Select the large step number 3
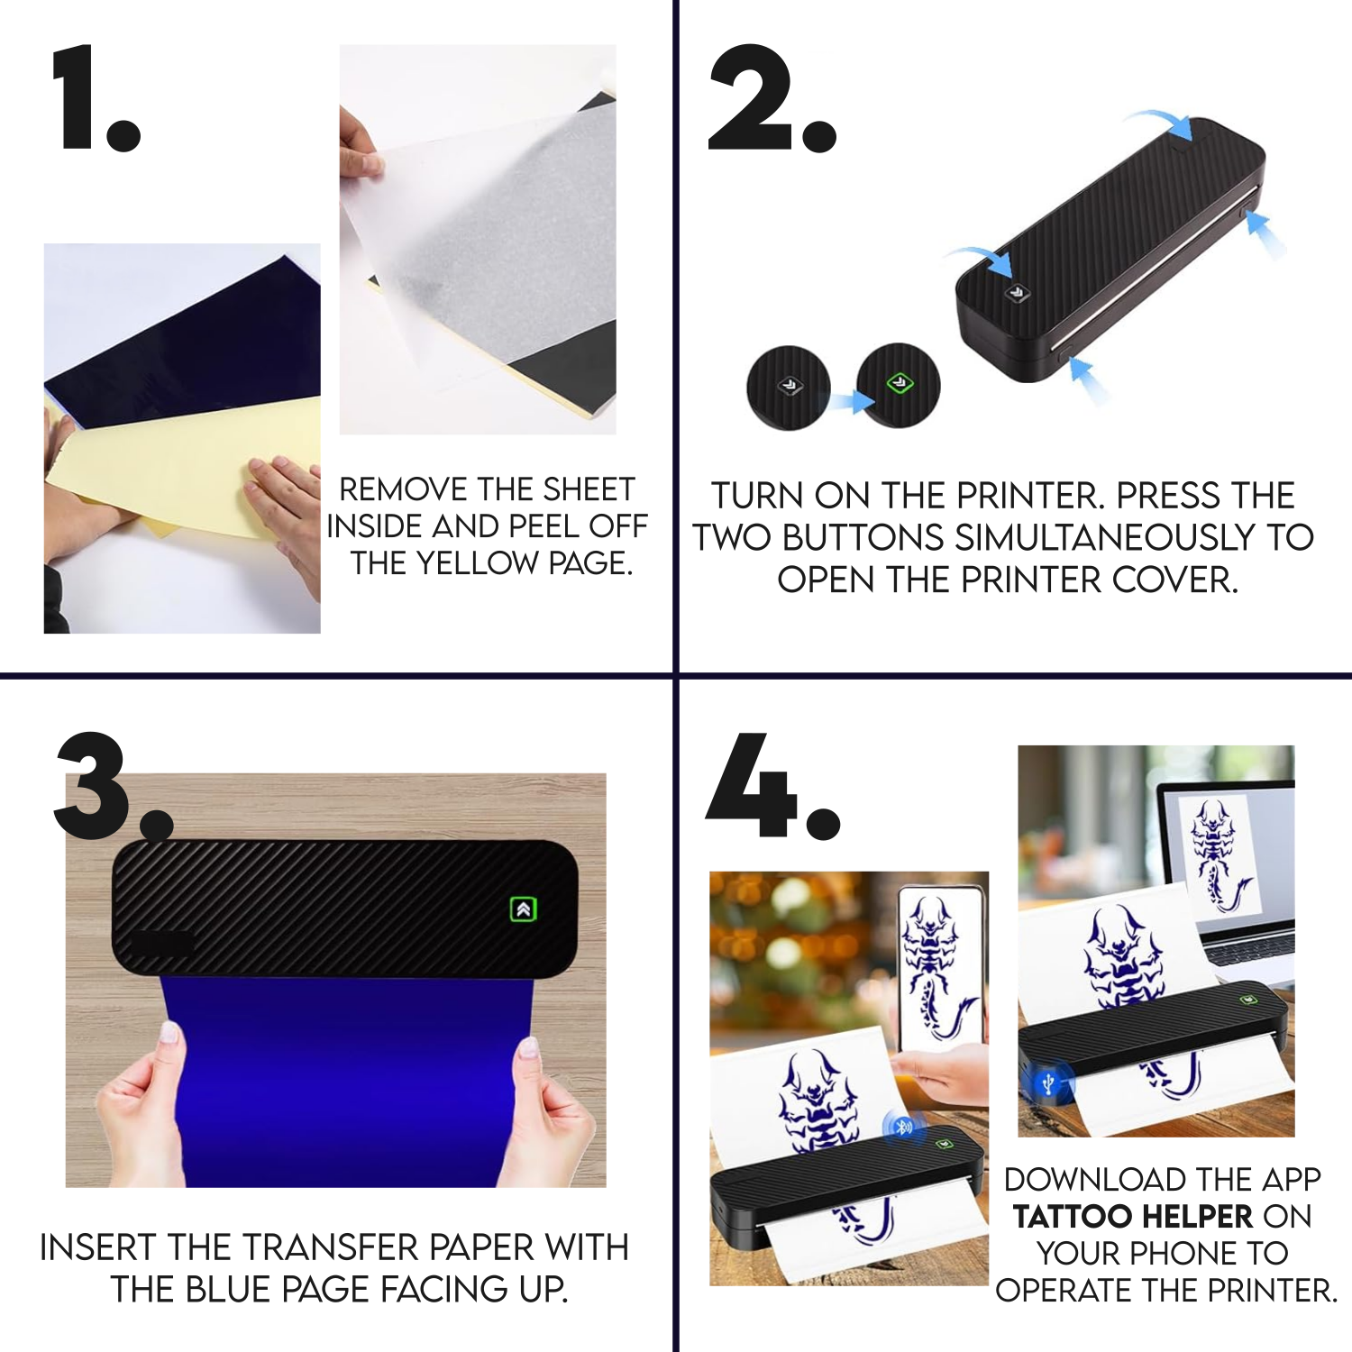(x=113, y=786)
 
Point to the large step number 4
(x=772, y=786)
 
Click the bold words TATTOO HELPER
(x=1133, y=1217)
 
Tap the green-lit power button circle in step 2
(x=898, y=385)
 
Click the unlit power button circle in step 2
(x=789, y=388)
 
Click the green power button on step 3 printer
(x=523, y=909)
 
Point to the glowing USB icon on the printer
(x=1047, y=1083)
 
